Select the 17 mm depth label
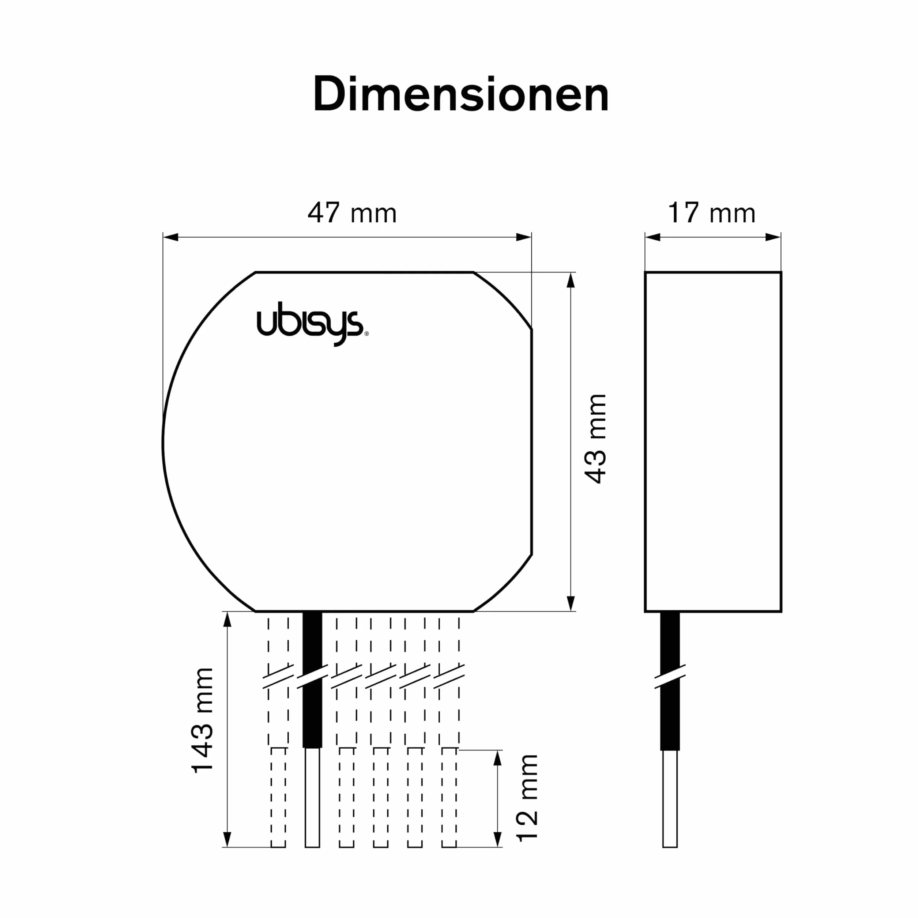coord(711,212)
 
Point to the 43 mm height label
coord(595,439)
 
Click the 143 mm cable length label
coord(202,721)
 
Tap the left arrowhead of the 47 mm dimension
coord(170,237)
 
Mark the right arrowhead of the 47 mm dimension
coord(524,237)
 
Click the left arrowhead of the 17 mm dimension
coord(653,237)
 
